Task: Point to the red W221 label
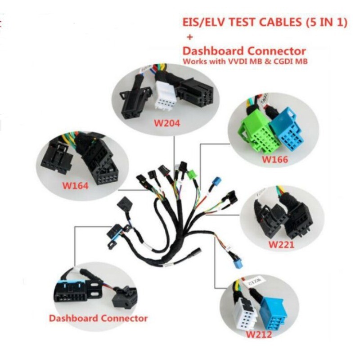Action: pyautogui.click(x=281, y=245)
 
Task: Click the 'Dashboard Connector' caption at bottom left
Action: pyautogui.click(x=98, y=318)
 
